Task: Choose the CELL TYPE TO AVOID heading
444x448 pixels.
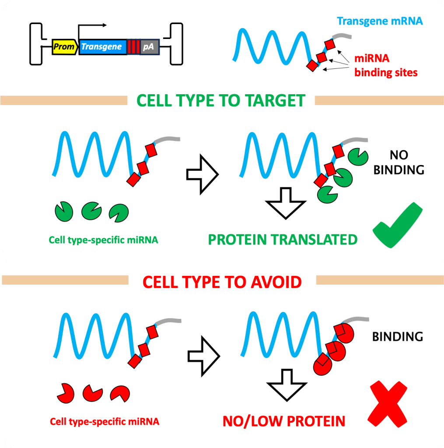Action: tap(223, 282)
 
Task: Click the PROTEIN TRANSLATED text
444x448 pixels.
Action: tap(283, 240)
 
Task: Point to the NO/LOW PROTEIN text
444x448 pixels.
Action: tap(284, 421)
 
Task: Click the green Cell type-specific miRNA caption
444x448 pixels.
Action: tap(103, 240)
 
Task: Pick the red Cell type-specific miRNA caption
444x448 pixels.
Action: tap(105, 422)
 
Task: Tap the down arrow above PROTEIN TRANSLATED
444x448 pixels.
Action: tap(286, 203)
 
